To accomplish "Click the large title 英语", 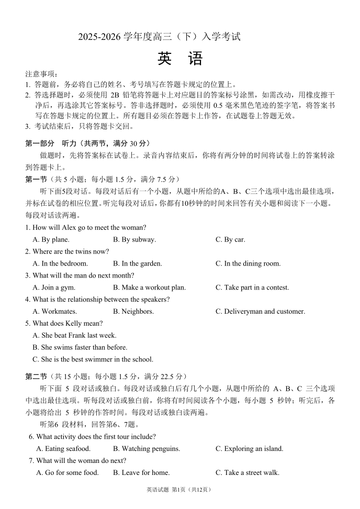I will tap(179, 59).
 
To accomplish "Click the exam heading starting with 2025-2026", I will tap(159, 37).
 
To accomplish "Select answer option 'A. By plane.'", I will tap(51, 240).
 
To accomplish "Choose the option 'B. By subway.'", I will tap(134, 240).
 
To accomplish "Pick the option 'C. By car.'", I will tap(230, 240).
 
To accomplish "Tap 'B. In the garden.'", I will tap(138, 264).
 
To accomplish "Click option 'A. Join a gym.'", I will tap(54, 287).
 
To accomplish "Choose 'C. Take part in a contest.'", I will tap(252, 287).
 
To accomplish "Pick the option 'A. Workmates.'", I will tap(54, 312).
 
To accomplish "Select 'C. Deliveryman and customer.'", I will tap(260, 312).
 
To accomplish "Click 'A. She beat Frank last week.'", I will tap(74, 336).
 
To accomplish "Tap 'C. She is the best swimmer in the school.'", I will tap(93, 360).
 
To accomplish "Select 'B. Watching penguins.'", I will tap(147, 449).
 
